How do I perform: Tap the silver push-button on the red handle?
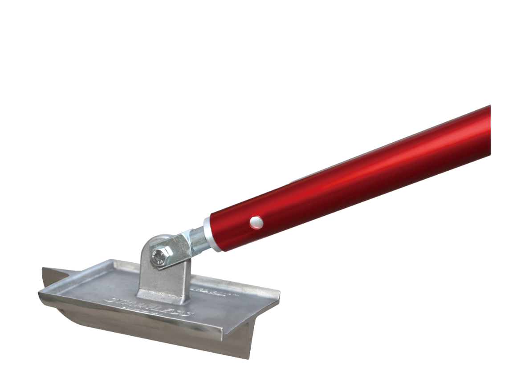[256, 222]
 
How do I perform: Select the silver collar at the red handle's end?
[213, 234]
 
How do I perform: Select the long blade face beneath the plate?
[156, 331]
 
